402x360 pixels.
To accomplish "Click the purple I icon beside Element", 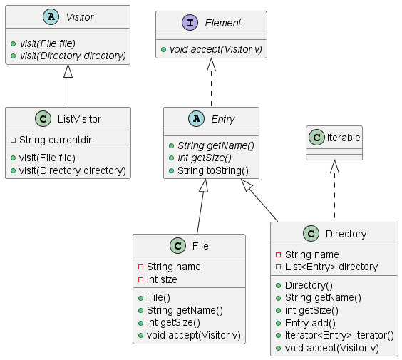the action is [x=190, y=23].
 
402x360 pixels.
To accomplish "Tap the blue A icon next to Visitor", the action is [x=51, y=17].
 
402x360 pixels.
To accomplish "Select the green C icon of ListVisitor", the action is [x=43, y=119].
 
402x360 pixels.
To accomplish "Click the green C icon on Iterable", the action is [x=316, y=138].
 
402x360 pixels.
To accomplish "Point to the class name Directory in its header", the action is [x=346, y=234].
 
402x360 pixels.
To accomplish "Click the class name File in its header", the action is [x=200, y=246].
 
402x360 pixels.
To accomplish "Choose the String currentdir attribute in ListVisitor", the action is [x=56, y=140].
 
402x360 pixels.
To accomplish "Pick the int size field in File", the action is [x=162, y=279].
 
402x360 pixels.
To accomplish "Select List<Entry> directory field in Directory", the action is [x=331, y=267].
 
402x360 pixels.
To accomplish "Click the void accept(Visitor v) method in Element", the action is [x=216, y=49].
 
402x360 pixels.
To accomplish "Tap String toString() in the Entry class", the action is [x=213, y=170].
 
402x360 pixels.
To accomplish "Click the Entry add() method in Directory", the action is [x=310, y=323].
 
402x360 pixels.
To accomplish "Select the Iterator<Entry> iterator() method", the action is [x=339, y=335].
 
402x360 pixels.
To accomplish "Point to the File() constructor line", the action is [x=158, y=297].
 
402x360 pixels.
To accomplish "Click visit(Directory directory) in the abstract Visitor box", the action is [x=73, y=56].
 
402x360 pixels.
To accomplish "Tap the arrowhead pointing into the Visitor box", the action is [x=68, y=71].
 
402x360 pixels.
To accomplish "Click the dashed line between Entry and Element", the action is [x=211, y=88].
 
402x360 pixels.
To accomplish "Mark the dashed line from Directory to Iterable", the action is [x=334, y=195].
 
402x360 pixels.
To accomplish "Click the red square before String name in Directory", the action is [x=278, y=255].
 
